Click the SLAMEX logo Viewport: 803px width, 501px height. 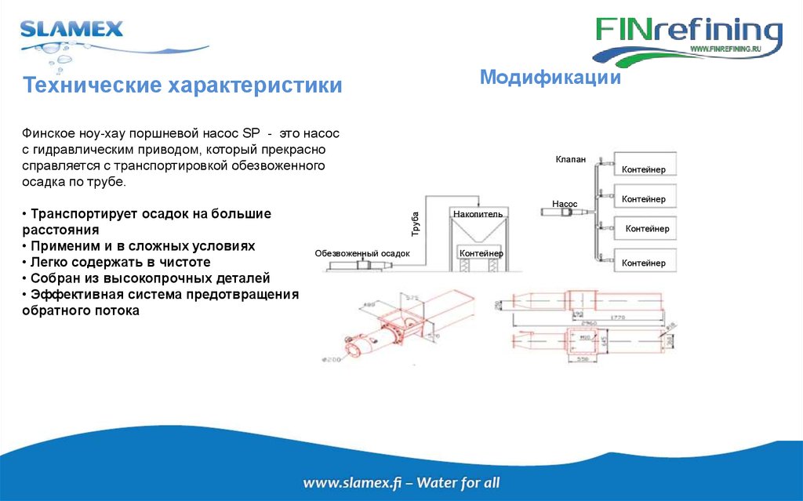point(72,31)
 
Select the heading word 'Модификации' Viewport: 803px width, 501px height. point(550,78)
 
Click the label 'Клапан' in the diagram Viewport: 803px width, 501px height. point(570,159)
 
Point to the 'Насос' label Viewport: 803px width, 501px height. point(565,203)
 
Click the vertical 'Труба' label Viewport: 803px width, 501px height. point(416,224)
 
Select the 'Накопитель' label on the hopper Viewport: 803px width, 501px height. point(478,213)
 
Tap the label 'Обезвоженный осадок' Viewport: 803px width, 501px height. point(362,253)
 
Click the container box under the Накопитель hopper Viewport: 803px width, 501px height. point(481,253)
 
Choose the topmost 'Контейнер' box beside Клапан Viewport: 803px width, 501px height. point(644,167)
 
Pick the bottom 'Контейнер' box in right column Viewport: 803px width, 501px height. point(644,261)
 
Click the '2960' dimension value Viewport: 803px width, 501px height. point(590,323)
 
